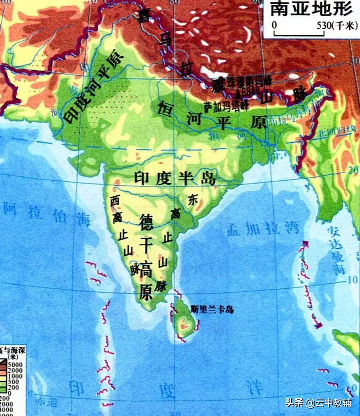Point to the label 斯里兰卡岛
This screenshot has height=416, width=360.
coord(212,309)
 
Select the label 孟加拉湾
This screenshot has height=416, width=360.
coord(263,229)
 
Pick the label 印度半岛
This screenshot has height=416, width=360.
coord(175,178)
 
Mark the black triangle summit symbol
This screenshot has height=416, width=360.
coord(237,96)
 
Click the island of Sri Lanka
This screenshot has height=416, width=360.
coord(185,321)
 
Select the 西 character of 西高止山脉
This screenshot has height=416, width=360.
coord(115,200)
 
